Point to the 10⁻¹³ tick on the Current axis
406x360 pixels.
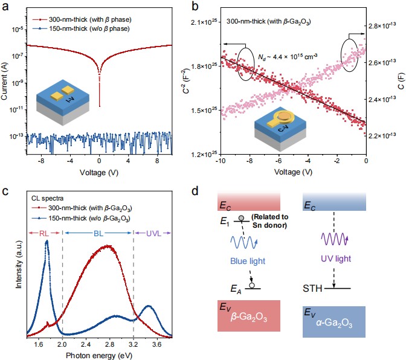pos(16,137)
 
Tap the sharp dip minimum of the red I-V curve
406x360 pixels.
pos(99,106)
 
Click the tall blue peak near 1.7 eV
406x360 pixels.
pos(47,242)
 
